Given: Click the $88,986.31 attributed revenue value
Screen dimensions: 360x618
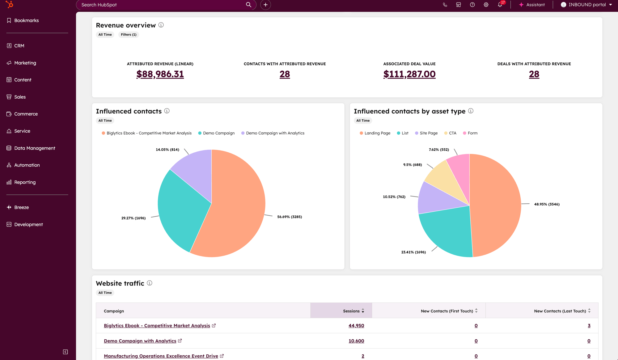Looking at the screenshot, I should (160, 74).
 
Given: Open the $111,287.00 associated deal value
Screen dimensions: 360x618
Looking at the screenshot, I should (409, 74).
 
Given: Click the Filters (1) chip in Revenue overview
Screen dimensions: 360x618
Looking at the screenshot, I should (129, 35).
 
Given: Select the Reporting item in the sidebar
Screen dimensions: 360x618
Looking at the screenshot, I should (25, 182).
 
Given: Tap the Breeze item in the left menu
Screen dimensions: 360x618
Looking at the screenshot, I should (21, 207).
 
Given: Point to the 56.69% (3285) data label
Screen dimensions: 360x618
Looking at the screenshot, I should (290, 217).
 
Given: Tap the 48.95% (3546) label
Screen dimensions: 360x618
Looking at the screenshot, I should (547, 204).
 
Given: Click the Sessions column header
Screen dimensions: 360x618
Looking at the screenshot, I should (351, 311).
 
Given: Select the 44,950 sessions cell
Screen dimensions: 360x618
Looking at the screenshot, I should (356, 326).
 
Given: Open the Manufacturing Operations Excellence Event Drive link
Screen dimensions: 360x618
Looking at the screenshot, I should (161, 356).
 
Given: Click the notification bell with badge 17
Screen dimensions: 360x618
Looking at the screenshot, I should (500, 5).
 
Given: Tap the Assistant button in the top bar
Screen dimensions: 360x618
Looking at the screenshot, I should (532, 5).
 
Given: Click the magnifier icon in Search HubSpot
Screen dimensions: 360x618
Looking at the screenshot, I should (248, 5).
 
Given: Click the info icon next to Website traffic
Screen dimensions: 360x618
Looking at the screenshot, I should (150, 283).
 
